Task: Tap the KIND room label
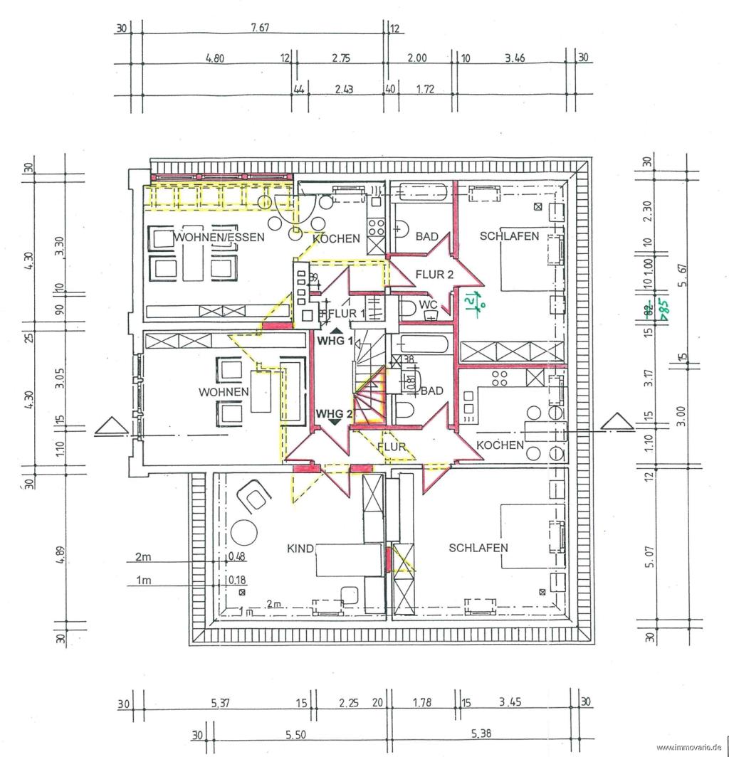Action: [300, 548]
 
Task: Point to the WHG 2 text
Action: [335, 413]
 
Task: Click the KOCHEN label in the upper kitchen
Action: [336, 239]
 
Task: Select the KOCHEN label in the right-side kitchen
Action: [500, 445]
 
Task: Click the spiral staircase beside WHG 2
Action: [369, 398]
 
